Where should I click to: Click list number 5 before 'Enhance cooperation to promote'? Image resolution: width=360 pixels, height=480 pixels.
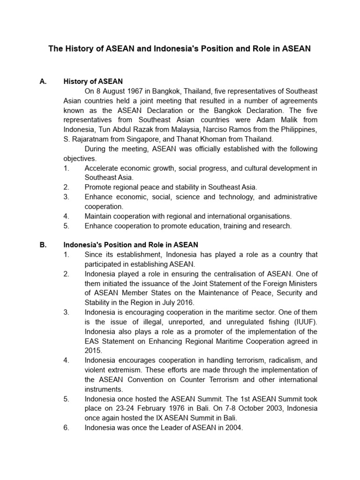tap(66, 226)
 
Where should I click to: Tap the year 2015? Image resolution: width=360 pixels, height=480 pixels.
tap(93, 351)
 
